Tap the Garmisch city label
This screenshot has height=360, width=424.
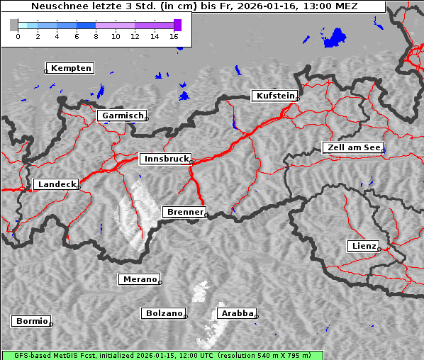click(x=123, y=116)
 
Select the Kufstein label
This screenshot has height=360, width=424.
click(x=274, y=96)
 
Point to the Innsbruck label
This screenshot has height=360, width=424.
click(x=165, y=159)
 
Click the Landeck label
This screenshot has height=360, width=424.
click(x=56, y=184)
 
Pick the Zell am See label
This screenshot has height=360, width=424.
click(x=352, y=147)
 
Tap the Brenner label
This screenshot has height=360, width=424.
click(x=184, y=212)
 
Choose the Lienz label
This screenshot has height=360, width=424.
click(x=364, y=246)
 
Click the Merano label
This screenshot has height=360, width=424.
click(x=139, y=279)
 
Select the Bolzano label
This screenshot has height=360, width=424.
click(x=164, y=313)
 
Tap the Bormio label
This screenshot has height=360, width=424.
click(x=32, y=321)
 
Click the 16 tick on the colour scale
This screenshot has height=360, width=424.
click(x=174, y=35)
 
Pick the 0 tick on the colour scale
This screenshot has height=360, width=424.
click(x=18, y=35)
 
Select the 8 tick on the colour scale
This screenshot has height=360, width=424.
click(x=96, y=35)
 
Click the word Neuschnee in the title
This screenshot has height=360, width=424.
click(x=57, y=6)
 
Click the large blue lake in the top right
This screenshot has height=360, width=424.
click(x=333, y=37)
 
